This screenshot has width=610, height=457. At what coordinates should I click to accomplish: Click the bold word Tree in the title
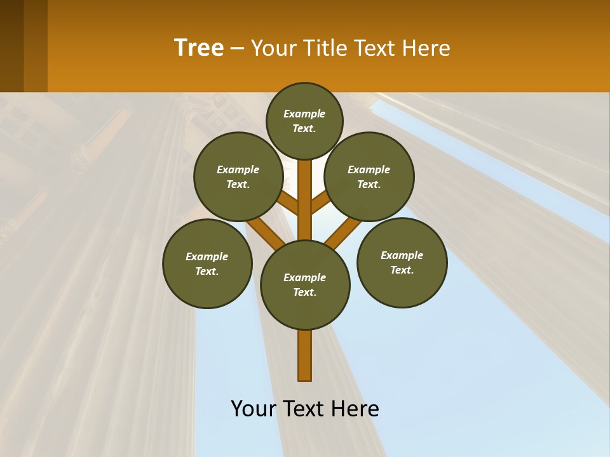point(199,48)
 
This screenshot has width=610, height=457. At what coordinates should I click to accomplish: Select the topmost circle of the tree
point(304,121)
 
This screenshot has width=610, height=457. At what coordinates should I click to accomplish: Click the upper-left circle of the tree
point(238,176)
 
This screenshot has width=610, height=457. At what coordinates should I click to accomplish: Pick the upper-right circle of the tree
point(369,176)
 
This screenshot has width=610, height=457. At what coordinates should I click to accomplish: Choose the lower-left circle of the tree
point(207,263)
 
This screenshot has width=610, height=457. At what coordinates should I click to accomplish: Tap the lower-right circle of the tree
point(402,262)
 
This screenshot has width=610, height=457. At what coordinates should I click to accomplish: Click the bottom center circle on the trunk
point(305,284)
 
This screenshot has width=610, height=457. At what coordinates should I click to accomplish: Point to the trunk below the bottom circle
point(305,355)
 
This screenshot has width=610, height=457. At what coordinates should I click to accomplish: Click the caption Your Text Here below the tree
point(305,409)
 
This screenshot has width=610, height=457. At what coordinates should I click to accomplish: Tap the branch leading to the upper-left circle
point(288,204)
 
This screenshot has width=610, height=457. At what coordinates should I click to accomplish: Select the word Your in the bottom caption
point(253,409)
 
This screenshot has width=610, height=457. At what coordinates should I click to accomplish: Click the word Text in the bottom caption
point(306,409)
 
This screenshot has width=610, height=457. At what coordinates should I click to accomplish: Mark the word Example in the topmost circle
point(304,114)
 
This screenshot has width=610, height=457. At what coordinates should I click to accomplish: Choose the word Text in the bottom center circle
point(304,293)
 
